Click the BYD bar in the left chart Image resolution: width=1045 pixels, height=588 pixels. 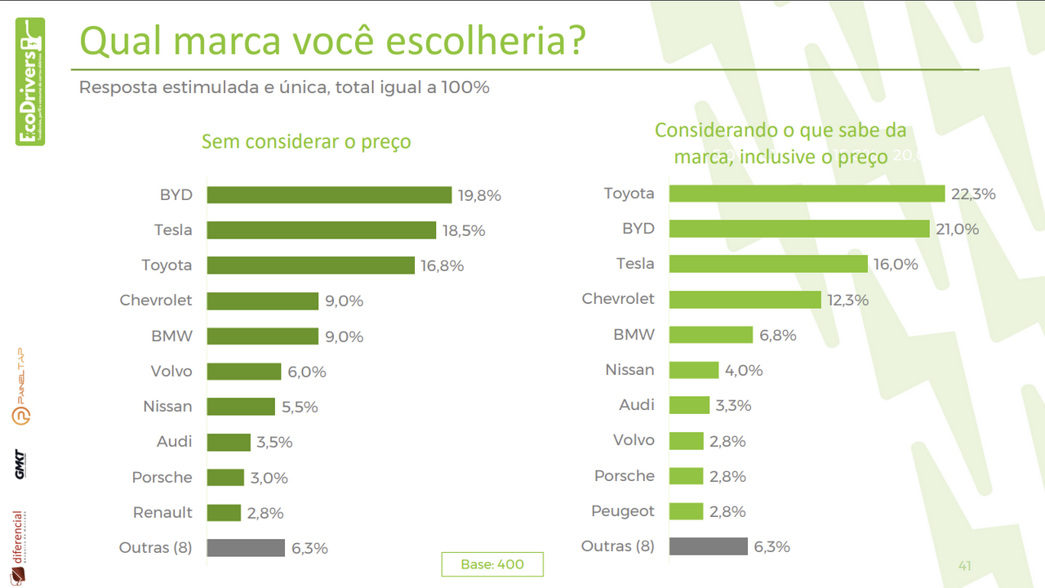pyautogui.click(x=329, y=194)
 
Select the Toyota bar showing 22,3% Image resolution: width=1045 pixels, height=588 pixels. pyautogui.click(x=807, y=193)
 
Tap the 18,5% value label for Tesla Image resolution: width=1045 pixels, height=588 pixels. pyautogui.click(x=464, y=230)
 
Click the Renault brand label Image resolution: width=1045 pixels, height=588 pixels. pyautogui.click(x=162, y=513)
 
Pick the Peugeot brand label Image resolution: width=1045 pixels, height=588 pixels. pyautogui.click(x=623, y=511)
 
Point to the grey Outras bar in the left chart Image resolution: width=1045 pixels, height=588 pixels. pyautogui.click(x=246, y=548)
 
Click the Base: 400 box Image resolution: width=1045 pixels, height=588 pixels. pyautogui.click(x=492, y=564)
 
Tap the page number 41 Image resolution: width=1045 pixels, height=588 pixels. pyautogui.click(x=964, y=565)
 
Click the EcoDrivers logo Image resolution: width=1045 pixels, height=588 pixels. pyautogui.click(x=30, y=82)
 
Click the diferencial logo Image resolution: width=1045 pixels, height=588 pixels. pyautogui.click(x=19, y=547)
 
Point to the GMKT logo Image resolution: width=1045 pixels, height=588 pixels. pyautogui.click(x=20, y=464)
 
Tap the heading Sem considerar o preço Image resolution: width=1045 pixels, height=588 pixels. pyautogui.click(x=306, y=142)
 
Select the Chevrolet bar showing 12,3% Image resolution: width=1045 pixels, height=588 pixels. pyautogui.click(x=745, y=299)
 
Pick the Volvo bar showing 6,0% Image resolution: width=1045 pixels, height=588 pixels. pyautogui.click(x=243, y=372)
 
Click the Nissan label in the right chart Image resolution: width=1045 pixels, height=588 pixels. pyautogui.click(x=629, y=370)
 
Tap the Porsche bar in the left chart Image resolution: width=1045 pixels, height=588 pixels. pyautogui.click(x=225, y=478)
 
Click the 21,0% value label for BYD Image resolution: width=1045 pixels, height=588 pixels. pyautogui.click(x=958, y=229)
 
